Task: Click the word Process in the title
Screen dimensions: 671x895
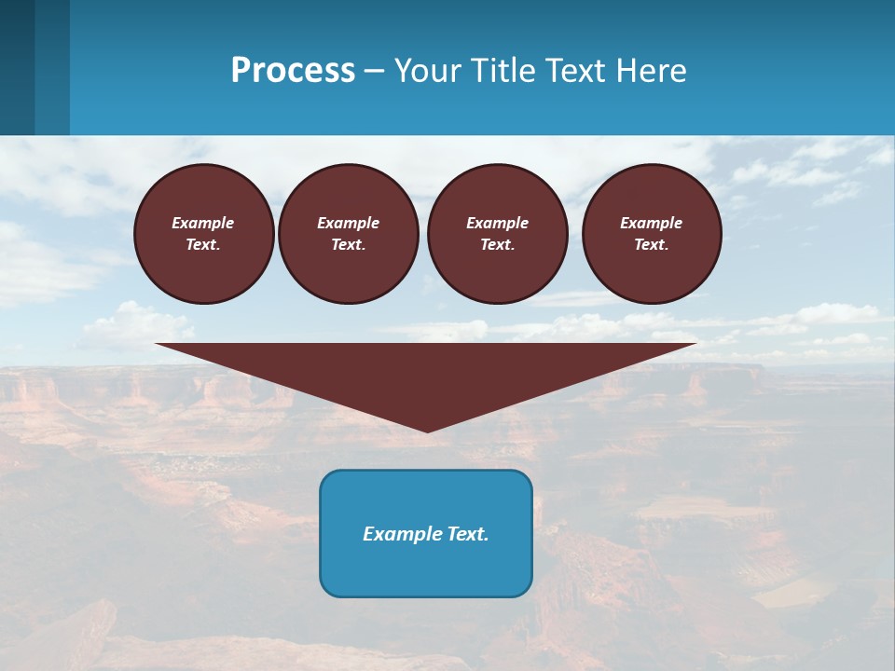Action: click(x=293, y=71)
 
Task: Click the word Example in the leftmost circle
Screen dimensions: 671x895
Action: click(x=203, y=223)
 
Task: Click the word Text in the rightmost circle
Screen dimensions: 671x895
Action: click(x=652, y=245)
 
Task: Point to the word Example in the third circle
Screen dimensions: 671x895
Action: click(x=498, y=223)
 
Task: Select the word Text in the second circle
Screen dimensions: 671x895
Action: click(x=349, y=245)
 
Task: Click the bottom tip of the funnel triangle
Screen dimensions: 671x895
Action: click(x=427, y=430)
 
